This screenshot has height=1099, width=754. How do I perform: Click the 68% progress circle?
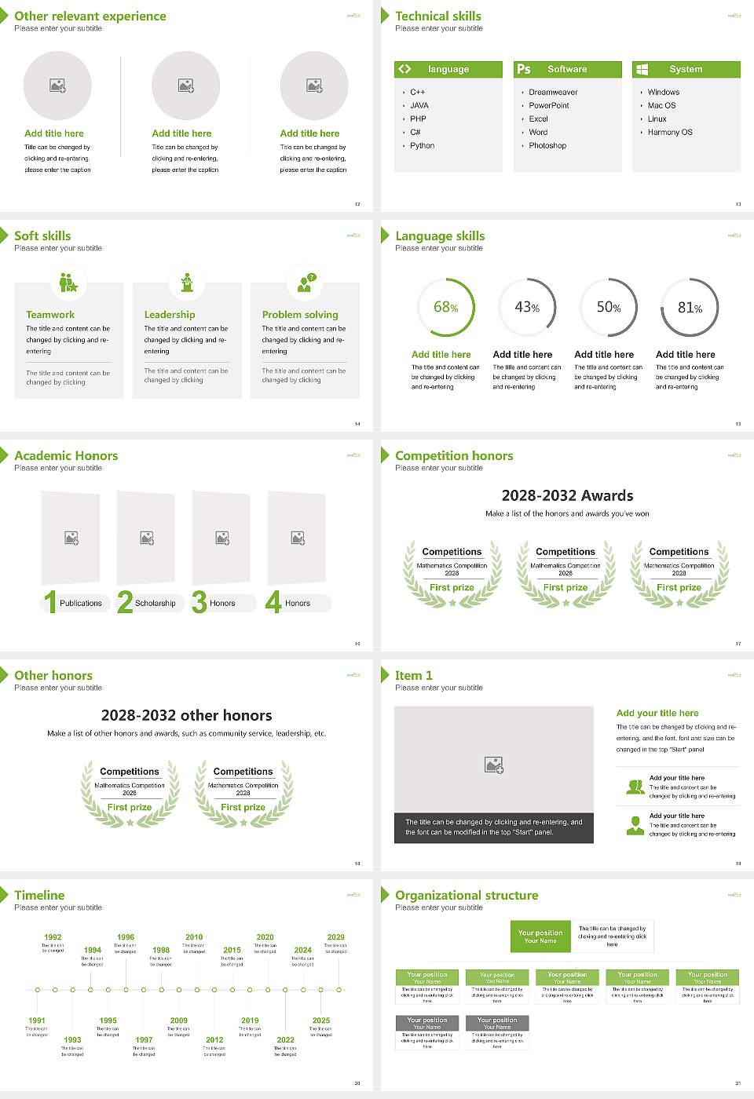pos(446,307)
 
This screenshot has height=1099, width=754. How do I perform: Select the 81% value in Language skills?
pos(690,308)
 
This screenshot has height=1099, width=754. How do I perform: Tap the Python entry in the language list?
pos(422,145)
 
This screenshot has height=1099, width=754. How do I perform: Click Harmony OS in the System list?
pos(670,132)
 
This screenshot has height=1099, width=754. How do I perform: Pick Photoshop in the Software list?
pos(547,145)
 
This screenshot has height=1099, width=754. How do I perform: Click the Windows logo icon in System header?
pos(642,69)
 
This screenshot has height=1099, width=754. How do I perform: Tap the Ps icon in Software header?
pos(524,69)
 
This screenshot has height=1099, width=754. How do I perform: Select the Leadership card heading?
pos(170,314)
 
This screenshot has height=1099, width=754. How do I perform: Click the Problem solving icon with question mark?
pos(305,283)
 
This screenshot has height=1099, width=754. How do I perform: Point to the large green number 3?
pos(199,602)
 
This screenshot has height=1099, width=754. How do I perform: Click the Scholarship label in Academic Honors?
pos(155,603)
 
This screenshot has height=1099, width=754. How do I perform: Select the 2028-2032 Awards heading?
pos(567,495)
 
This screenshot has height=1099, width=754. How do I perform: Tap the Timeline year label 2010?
pos(194,937)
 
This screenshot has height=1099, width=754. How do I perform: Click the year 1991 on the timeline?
pos(37,1020)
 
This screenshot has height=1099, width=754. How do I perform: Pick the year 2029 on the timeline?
pos(335,937)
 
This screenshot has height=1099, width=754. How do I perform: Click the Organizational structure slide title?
pos(467,895)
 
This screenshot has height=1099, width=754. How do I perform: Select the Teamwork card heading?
pos(50,314)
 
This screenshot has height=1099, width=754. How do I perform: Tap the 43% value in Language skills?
pos(527,308)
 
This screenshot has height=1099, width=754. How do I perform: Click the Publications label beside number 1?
pos(81,603)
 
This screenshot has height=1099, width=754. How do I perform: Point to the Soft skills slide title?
pos(42,235)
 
